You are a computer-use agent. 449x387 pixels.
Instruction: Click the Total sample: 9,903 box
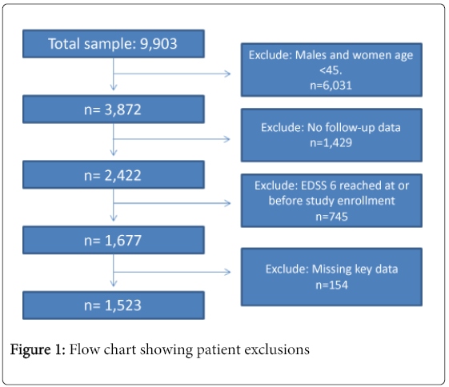click(x=114, y=44)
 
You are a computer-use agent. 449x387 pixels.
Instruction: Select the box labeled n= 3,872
click(x=114, y=110)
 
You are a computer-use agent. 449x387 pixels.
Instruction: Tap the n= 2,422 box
click(x=114, y=175)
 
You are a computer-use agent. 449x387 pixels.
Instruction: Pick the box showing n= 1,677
click(x=114, y=240)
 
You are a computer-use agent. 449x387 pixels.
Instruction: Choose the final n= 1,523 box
click(x=114, y=305)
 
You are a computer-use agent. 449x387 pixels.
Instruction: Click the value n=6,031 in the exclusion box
click(x=331, y=86)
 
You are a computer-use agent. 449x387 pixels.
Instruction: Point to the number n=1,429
click(x=331, y=143)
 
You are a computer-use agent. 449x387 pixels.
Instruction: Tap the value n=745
click(x=331, y=217)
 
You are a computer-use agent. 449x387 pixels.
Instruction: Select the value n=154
click(x=331, y=285)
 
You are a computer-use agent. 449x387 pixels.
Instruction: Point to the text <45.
click(x=331, y=70)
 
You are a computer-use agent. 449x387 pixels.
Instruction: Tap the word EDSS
click(x=314, y=186)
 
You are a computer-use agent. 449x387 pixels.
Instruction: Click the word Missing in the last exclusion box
click(x=331, y=269)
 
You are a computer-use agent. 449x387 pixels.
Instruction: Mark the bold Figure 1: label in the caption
click(x=38, y=349)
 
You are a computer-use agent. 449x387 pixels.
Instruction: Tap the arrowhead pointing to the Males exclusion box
click(x=227, y=74)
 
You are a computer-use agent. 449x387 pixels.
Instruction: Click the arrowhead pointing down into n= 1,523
click(x=114, y=284)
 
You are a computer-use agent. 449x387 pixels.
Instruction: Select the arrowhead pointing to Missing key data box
click(x=227, y=272)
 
